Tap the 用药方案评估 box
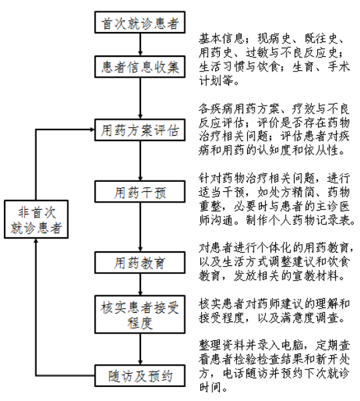139,129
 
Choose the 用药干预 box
139,192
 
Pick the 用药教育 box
139,261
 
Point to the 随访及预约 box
139,376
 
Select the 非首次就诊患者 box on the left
36,220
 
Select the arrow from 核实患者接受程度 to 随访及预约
139,346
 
